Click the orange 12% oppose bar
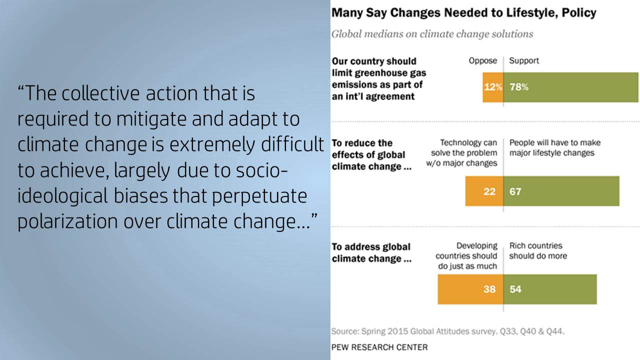click(493, 87)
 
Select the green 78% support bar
click(571, 87)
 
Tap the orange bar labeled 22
click(484, 191)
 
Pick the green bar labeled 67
click(561, 191)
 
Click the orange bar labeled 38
click(470, 289)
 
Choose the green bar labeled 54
click(550, 289)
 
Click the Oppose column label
click(483, 61)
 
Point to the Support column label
click(524, 61)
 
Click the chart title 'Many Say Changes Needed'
click(463, 13)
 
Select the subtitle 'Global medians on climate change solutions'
click(432, 34)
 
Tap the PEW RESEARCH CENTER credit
click(379, 347)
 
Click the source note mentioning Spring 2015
click(448, 331)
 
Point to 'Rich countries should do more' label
click(538, 250)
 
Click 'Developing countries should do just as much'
click(466, 255)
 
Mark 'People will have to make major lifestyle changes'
click(555, 147)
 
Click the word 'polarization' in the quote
click(67, 221)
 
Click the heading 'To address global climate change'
click(371, 252)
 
